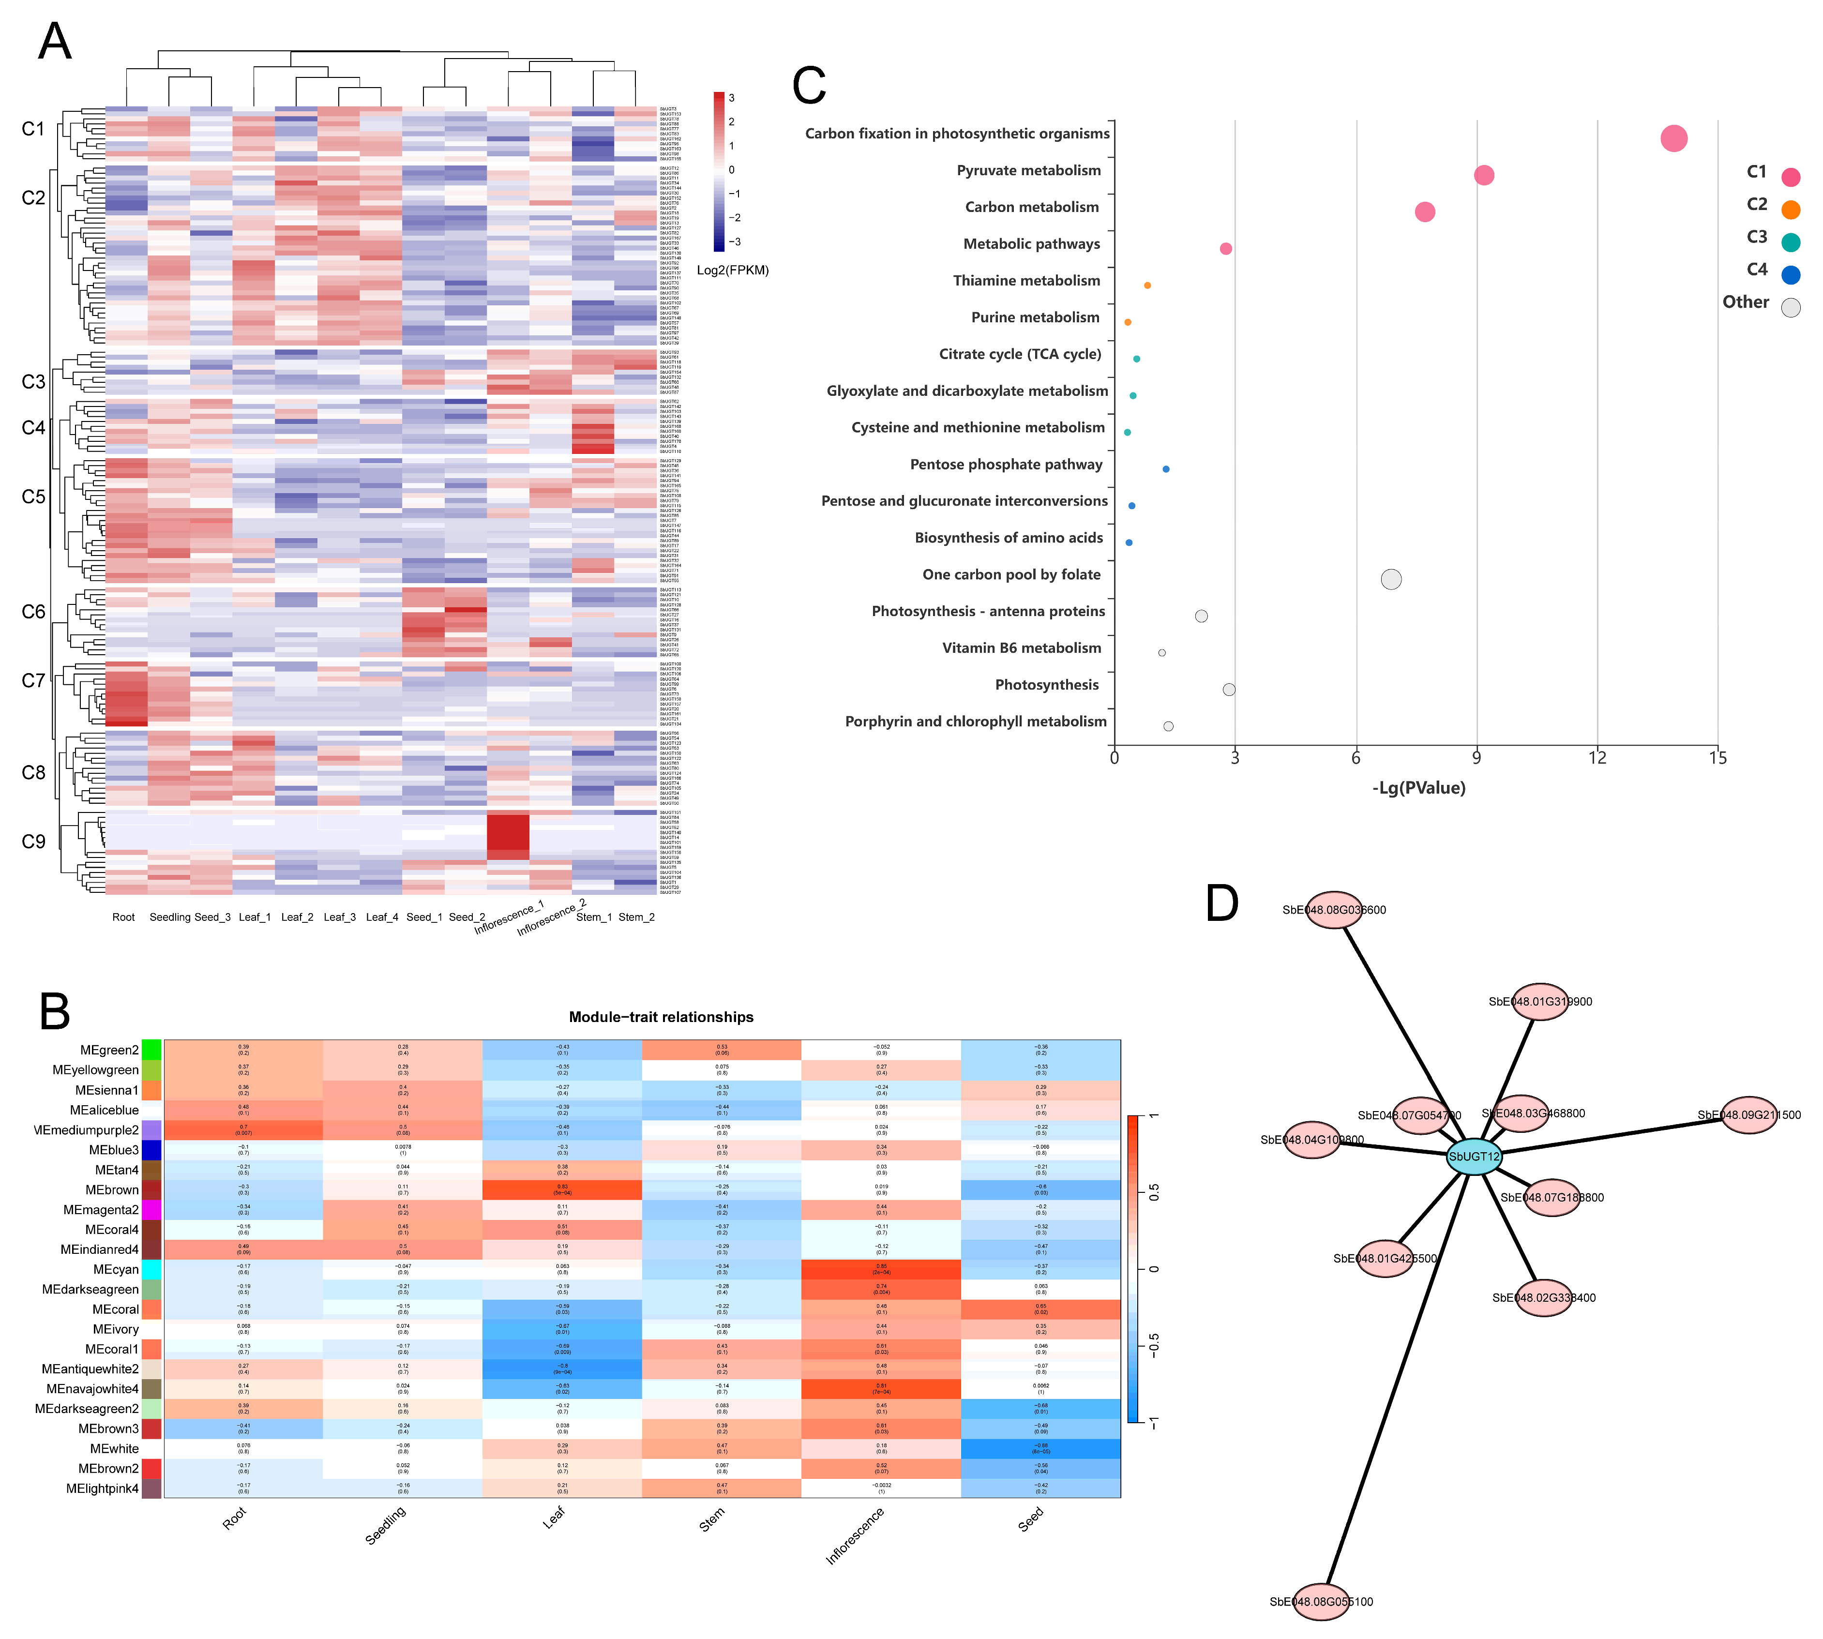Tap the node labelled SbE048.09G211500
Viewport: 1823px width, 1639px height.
point(1748,1115)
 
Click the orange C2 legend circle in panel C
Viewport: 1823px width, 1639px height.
point(1791,210)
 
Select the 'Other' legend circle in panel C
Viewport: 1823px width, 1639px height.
point(1791,308)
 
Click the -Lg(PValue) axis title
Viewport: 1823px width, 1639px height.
point(1418,788)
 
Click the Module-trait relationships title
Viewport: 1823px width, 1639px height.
point(661,1017)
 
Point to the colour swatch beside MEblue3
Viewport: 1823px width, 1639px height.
point(151,1150)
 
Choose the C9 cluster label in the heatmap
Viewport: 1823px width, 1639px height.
point(33,841)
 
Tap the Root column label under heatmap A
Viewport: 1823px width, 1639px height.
point(123,917)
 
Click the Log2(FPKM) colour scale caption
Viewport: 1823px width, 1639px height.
point(732,270)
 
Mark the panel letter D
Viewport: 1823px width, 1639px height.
point(1222,903)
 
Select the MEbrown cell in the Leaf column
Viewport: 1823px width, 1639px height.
point(562,1189)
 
